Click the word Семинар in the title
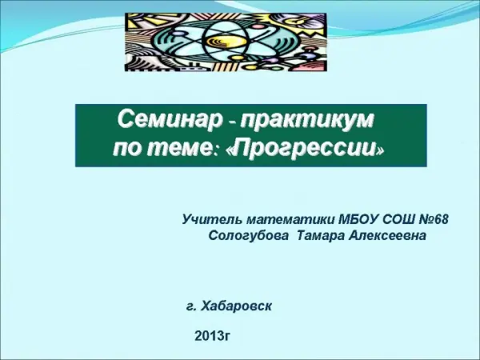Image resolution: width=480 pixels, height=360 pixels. click(170, 119)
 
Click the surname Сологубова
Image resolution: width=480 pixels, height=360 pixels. click(249, 236)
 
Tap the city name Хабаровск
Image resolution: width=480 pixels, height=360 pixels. click(236, 306)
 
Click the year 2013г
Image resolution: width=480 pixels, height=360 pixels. click(212, 336)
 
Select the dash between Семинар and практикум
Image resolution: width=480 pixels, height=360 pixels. click(231, 123)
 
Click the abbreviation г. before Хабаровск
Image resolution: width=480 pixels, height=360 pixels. click(190, 306)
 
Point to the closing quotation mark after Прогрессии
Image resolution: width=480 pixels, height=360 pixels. click(380, 151)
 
